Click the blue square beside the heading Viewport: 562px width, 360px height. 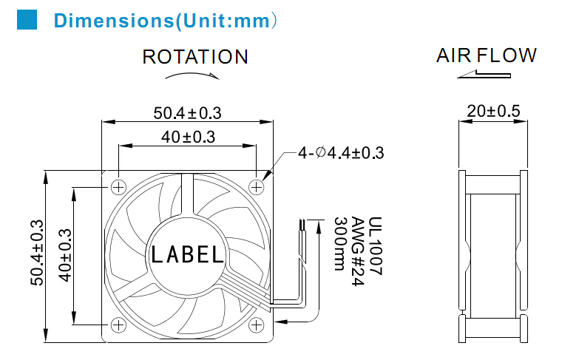tap(27, 19)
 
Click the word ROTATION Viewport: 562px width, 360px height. tap(195, 57)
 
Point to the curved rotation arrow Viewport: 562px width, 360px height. tap(192, 75)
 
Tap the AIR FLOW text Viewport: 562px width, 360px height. tap(487, 55)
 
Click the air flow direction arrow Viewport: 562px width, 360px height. tap(484, 74)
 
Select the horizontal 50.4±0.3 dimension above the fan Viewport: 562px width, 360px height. tap(187, 113)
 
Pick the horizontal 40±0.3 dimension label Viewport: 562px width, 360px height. tap(188, 137)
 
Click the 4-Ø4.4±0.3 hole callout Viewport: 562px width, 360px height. tap(341, 153)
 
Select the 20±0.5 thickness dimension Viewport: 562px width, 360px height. tap(493, 111)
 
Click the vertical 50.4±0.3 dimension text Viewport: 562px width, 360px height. tap(37, 253)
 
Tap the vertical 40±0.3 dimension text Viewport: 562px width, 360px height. tap(65, 255)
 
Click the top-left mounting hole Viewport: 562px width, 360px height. tap(118, 187)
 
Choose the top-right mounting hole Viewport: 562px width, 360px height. tap(257, 187)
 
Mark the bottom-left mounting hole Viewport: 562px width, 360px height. tap(118, 325)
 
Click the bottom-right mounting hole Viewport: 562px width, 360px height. tap(257, 325)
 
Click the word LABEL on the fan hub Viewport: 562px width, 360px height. tap(187, 255)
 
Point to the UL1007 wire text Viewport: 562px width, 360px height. tap(375, 245)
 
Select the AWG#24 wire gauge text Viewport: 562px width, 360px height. tap(358, 251)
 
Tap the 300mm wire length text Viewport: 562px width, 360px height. tap(340, 244)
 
